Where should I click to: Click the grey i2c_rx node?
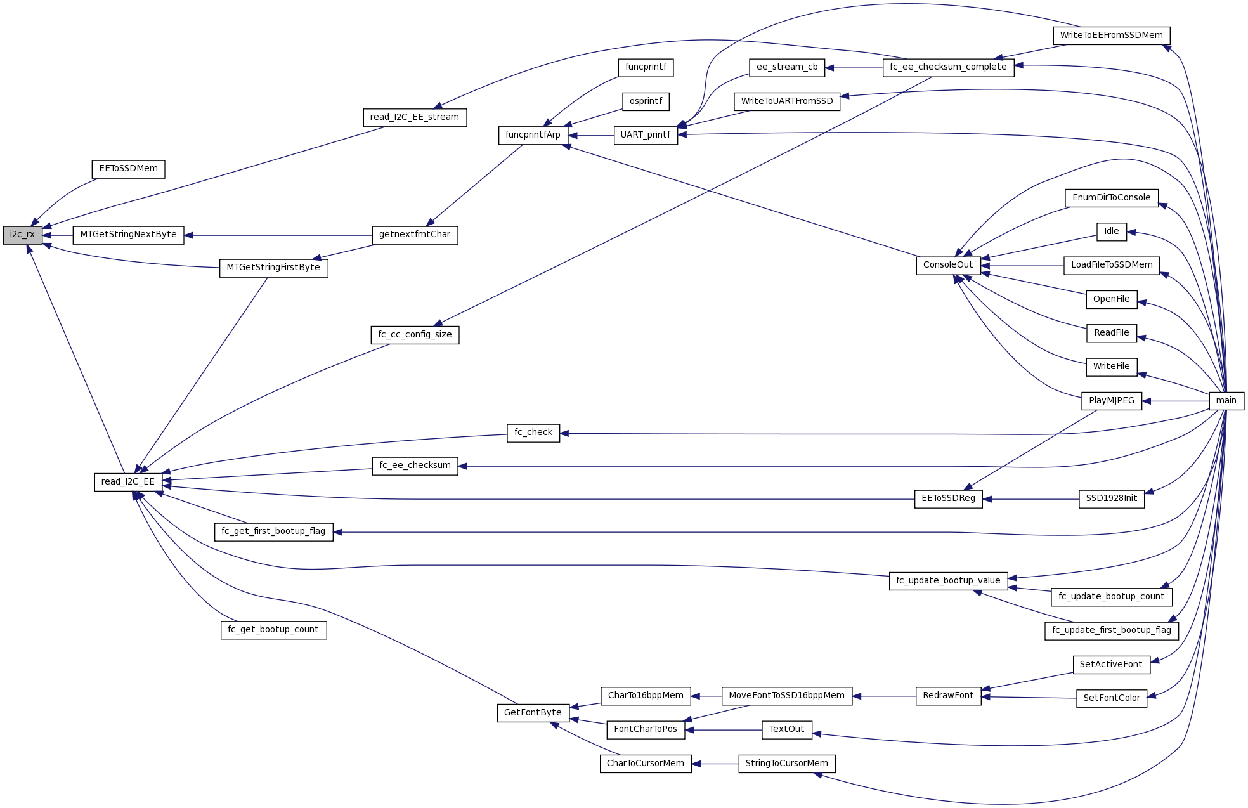pos(22,235)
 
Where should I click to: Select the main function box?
pos(1226,401)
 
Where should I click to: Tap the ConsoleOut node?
pos(947,265)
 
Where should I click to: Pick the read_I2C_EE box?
pos(127,482)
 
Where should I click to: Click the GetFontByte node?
pos(533,713)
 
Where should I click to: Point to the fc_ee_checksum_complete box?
pos(947,67)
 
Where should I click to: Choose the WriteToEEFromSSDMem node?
pos(1111,36)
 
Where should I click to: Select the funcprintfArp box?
pos(533,135)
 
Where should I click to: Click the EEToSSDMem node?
pos(128,169)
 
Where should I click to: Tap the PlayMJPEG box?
pos(1111,401)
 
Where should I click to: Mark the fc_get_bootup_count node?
pos(273,630)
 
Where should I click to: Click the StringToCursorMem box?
pos(786,764)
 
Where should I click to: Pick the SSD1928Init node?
pos(1111,498)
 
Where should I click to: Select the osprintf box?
pos(646,101)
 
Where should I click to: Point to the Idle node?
pos(1111,231)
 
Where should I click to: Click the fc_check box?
pos(533,433)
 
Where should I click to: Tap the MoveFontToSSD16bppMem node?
pos(786,696)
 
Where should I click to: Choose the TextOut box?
pos(786,729)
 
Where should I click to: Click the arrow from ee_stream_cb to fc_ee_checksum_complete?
pos(854,68)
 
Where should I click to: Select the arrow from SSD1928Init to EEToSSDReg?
pos(1030,499)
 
